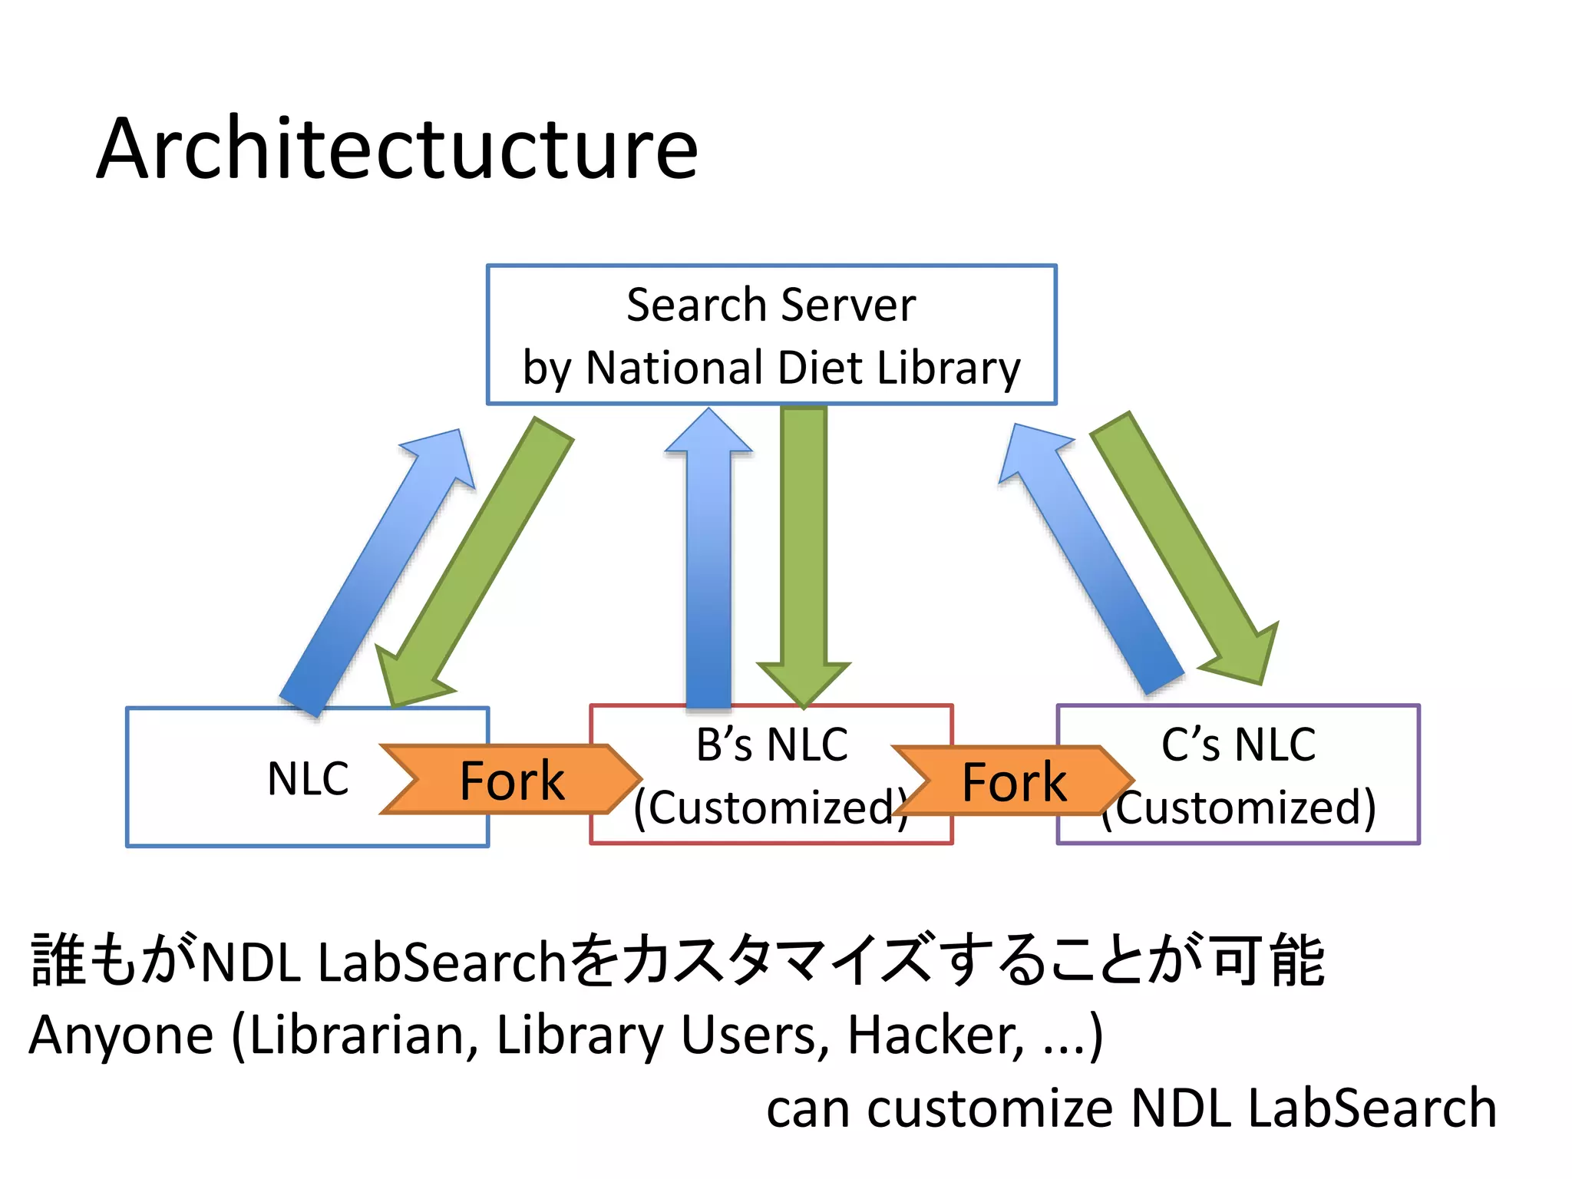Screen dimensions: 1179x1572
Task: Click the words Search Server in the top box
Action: [x=771, y=305]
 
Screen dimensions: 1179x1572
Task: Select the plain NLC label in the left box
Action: [x=308, y=778]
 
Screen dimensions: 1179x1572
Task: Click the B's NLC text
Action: [x=771, y=744]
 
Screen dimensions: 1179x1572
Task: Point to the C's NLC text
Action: [x=1238, y=744]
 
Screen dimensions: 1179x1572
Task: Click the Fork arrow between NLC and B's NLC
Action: [x=510, y=779]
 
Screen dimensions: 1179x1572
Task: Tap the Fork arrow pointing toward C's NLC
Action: [x=1013, y=781]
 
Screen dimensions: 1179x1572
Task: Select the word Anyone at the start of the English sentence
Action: [x=121, y=1035]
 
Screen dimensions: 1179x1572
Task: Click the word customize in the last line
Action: [x=990, y=1108]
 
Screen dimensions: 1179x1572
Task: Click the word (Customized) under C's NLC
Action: [x=1243, y=807]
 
